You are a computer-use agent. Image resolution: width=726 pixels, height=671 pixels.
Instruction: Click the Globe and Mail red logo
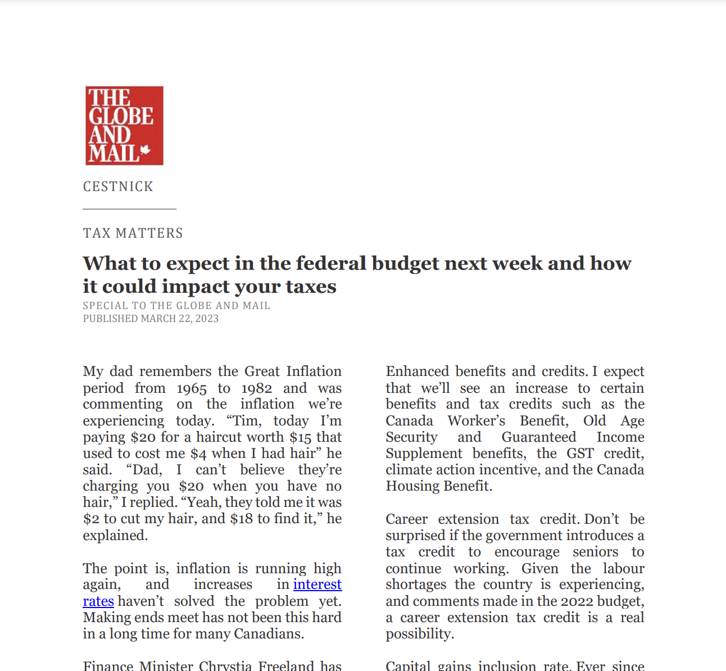pos(124,125)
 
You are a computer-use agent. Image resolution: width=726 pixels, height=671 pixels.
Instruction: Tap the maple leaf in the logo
pos(146,150)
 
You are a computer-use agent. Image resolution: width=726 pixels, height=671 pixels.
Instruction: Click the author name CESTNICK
pos(118,187)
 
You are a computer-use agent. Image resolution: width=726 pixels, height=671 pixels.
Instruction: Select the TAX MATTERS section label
pos(133,233)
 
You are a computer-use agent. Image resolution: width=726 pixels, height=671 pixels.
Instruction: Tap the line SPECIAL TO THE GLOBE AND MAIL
pos(176,306)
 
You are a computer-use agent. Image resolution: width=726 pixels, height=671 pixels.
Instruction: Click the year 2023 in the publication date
pos(207,319)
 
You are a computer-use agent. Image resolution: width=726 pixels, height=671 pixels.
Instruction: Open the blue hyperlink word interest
pos(317,584)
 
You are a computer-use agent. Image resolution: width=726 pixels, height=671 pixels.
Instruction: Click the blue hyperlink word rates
pos(98,601)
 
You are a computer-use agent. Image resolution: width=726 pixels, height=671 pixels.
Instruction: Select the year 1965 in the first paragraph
pos(192,388)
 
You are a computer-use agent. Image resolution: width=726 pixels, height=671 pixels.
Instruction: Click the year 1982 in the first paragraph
pos(257,388)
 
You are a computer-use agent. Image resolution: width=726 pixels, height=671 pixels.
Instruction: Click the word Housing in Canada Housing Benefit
pos(410,486)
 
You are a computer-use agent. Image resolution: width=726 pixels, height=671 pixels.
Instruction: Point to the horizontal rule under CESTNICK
pos(130,209)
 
